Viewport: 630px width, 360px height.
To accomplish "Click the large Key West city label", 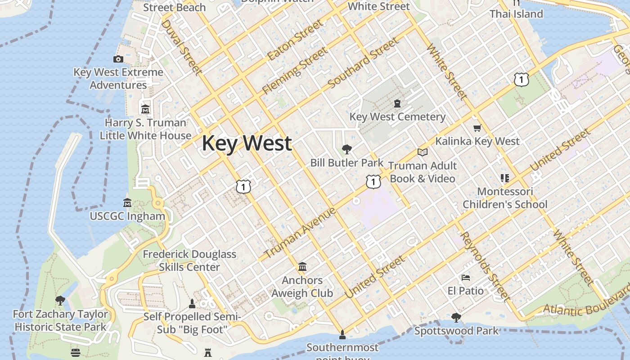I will coord(247,144).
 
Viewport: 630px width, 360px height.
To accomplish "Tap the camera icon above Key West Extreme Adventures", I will coord(118,59).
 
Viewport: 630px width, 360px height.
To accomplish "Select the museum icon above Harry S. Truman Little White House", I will coord(145,109).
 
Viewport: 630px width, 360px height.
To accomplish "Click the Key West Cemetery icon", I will coord(397,104).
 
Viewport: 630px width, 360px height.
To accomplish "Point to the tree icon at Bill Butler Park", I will coord(346,149).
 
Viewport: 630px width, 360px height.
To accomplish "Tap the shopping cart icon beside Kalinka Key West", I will coord(477,128).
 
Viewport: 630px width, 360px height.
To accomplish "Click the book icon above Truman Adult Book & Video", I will coord(422,153).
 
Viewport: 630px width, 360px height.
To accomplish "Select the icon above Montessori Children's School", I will coord(504,178).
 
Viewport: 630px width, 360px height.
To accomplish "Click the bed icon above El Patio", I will coord(466,278).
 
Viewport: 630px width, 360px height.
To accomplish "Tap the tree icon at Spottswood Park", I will coord(456,318).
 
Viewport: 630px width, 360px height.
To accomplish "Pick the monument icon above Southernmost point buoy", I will coord(342,334).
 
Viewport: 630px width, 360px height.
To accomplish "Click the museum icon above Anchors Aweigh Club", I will coord(302,267).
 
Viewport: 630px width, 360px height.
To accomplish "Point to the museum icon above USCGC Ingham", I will coord(127,203).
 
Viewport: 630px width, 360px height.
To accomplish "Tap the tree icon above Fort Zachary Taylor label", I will coord(60,301).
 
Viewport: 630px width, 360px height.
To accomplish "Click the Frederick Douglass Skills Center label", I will coord(189,261).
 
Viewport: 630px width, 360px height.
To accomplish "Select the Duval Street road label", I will coord(181,47).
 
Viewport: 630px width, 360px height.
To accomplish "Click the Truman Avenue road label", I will coord(300,233).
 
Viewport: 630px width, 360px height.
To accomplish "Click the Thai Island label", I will coord(516,14).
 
